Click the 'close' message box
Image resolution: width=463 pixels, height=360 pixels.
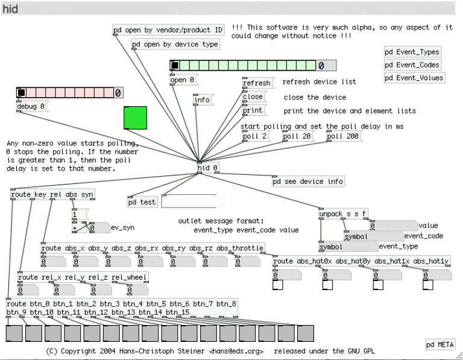pos(253,97)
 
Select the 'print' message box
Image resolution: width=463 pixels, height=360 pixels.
pos(253,111)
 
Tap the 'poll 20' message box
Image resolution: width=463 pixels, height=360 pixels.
pos(297,136)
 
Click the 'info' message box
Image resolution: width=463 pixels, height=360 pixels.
pos(203,100)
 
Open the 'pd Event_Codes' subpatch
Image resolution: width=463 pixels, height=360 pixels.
pos(413,65)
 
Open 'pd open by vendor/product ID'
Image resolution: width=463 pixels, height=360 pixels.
pos(168,30)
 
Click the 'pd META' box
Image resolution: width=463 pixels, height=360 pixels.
pos(440,345)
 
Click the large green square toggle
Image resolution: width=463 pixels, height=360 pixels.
pos(136,118)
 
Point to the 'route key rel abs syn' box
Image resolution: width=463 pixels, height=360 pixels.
pos(52,195)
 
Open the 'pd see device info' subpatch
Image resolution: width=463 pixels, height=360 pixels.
pos(308,182)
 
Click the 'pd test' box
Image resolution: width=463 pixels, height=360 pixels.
pos(142,203)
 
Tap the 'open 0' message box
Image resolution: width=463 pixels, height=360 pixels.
pos(183,80)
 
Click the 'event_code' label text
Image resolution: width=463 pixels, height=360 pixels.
pos(423,236)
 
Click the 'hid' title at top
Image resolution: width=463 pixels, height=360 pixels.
pos(10,9)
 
